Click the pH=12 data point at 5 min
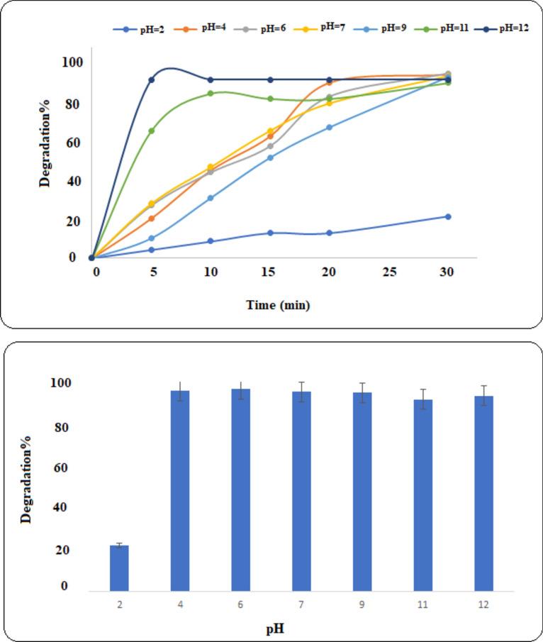151,79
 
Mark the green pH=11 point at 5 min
151,131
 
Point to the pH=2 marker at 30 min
447,216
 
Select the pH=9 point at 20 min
329,128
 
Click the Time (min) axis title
278,305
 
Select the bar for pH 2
119,568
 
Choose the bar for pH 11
422,494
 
